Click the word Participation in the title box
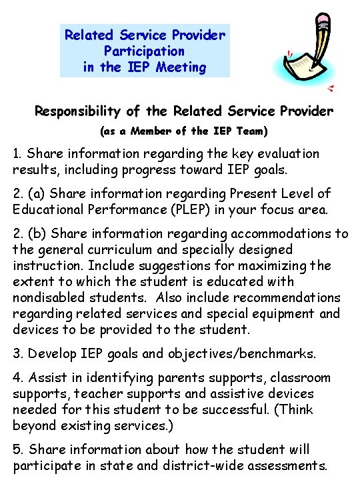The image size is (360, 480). [x=145, y=51]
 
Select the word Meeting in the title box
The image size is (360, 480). [x=181, y=67]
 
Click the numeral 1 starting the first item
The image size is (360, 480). [x=16, y=154]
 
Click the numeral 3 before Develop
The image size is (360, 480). [x=17, y=354]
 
